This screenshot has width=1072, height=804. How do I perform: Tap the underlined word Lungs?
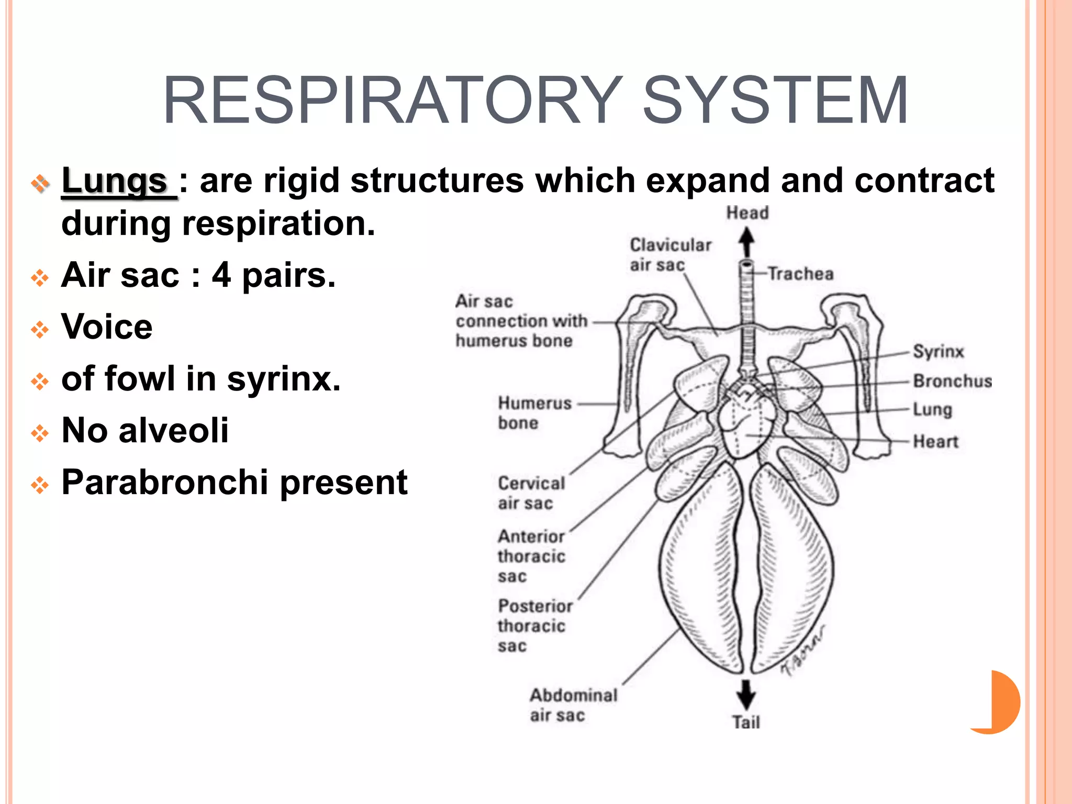(x=114, y=181)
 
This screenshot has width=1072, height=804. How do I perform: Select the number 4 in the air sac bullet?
(x=221, y=275)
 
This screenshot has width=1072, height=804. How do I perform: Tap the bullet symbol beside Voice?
(x=40, y=329)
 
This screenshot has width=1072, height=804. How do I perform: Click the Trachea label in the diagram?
(x=800, y=274)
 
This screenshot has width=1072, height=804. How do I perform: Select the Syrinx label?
(x=938, y=351)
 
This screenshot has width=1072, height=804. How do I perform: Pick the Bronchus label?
(x=952, y=381)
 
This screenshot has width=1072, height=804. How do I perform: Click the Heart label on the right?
(x=935, y=441)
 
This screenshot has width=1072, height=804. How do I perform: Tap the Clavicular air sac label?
(x=669, y=255)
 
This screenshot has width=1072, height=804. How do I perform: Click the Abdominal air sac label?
(x=573, y=705)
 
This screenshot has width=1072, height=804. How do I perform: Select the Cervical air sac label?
(x=531, y=493)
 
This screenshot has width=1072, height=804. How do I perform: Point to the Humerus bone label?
(x=534, y=413)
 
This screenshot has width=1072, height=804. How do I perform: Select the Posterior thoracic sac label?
(x=534, y=626)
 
